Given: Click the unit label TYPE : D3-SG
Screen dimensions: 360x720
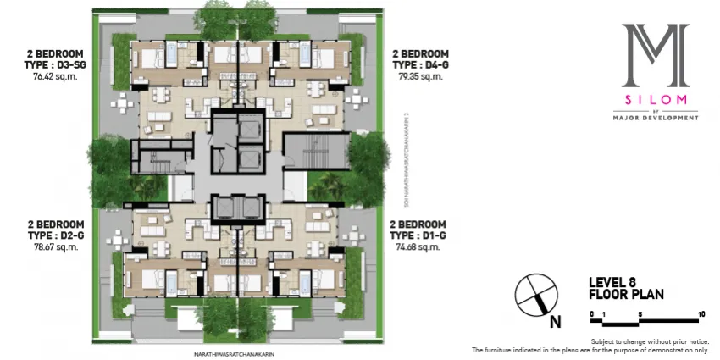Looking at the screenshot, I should point(50,64).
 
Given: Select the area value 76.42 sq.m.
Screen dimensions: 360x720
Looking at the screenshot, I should point(50,75).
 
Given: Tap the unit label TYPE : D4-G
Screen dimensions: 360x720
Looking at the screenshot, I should point(421,64).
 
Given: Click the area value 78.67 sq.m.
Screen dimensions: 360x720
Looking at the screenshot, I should point(50,247).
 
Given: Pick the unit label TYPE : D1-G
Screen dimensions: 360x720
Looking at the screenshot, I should point(420,236).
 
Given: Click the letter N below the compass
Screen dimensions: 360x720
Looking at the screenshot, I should point(554,322).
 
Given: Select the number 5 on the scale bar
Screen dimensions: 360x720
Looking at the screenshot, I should point(640,313).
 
